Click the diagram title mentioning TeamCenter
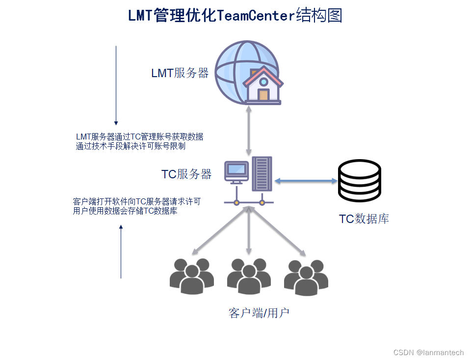[x=235, y=16]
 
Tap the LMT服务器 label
[x=180, y=73]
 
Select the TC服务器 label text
[x=186, y=174]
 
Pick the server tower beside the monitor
[x=262, y=174]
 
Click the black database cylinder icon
[x=360, y=181]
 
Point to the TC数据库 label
[x=364, y=219]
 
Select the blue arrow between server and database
[x=306, y=181]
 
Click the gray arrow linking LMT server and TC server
[x=249, y=131]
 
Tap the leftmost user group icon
[x=191, y=277]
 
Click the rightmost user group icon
[x=306, y=278]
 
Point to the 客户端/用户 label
[x=259, y=313]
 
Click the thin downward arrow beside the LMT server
[x=116, y=85]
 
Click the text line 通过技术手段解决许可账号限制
[x=131, y=146]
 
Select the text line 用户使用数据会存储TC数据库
[x=125, y=211]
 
